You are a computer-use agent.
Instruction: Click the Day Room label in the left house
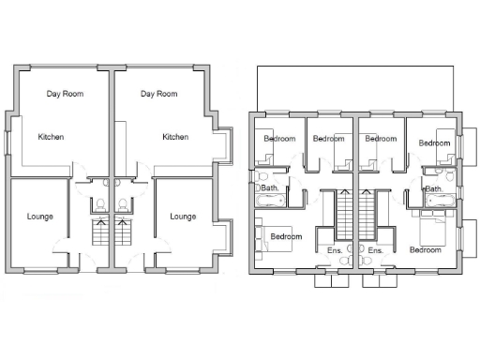pos(66,94)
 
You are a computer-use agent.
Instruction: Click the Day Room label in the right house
pos(158,94)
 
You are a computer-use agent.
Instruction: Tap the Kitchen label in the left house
pos(51,137)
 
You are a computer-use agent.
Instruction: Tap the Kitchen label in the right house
pos(175,137)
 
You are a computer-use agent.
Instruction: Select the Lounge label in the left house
pos(39,217)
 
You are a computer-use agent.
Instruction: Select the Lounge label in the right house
pos(183,217)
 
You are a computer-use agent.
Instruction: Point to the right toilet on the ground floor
pos(122,204)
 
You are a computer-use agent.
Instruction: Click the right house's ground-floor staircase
pos(122,232)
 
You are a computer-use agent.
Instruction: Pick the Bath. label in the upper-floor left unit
pos(270,188)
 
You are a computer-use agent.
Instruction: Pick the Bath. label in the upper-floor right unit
pos(434,188)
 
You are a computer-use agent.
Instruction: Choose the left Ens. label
pos(335,251)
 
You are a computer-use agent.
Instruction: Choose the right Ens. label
pos(376,251)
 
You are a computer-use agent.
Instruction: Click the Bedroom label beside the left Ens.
pos(286,237)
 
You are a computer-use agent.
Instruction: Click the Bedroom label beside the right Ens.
pos(425,250)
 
